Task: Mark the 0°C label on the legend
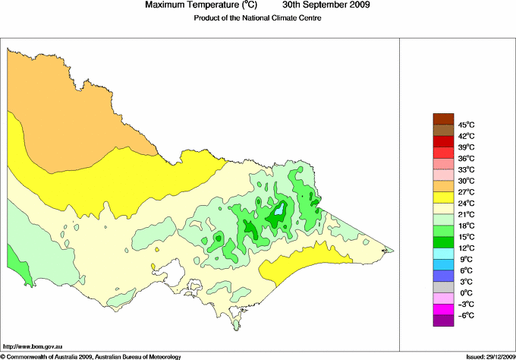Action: tap(465, 293)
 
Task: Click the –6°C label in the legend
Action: tap(465, 315)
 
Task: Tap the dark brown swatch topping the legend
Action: tap(442, 118)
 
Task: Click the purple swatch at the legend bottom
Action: tap(442, 321)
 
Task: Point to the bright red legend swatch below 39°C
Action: tap(442, 152)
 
